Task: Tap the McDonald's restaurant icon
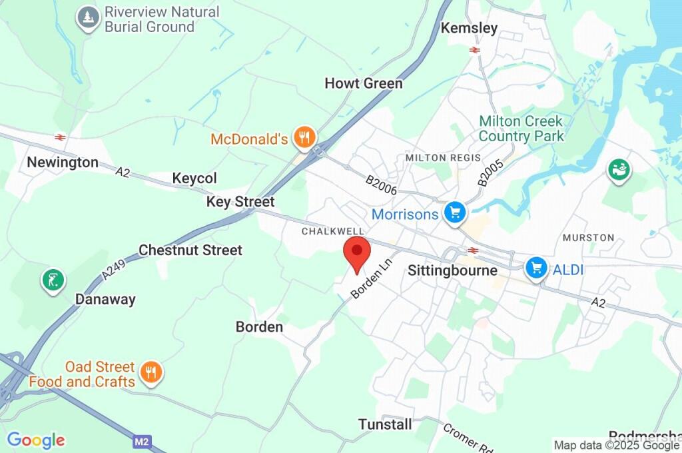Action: [306, 139]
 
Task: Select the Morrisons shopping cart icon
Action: [456, 214]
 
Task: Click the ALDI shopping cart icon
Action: [535, 268]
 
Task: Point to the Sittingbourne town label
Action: [452, 270]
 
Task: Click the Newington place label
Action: [63, 163]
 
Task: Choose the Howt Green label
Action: [364, 83]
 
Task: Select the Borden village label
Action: [259, 327]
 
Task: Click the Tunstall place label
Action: [385, 424]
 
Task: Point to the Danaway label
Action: [105, 299]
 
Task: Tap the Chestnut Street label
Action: [190, 250]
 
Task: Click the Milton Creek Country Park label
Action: [521, 129]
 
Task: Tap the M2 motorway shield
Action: [141, 441]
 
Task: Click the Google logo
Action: [36, 440]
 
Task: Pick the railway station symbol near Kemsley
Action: [475, 49]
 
